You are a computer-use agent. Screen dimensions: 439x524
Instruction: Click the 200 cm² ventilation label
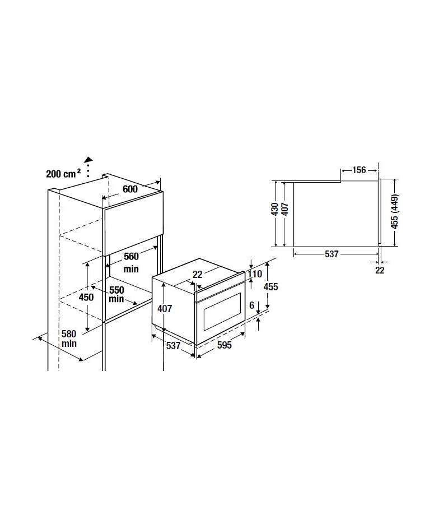point(63,173)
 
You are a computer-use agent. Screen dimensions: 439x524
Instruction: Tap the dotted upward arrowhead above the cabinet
point(88,159)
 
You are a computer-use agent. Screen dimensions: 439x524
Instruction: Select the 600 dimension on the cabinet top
point(130,189)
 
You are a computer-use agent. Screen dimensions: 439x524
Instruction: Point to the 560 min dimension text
point(131,262)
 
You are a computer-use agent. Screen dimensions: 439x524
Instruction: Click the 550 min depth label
point(116,294)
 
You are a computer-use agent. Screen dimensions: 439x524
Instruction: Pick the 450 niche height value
point(86,297)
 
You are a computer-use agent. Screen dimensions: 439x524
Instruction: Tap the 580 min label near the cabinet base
point(69,338)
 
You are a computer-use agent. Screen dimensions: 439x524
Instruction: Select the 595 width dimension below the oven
point(225,345)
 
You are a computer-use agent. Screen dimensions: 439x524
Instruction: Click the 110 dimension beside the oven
point(255,274)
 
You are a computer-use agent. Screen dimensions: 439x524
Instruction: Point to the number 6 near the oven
point(252,305)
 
